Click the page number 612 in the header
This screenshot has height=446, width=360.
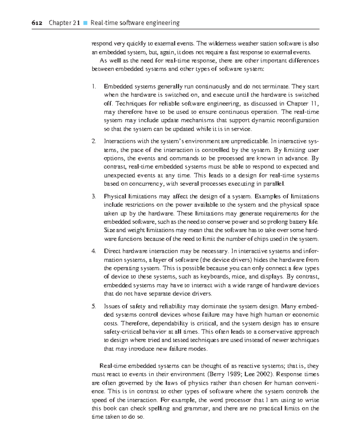[x=37, y=23]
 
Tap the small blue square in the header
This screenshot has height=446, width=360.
[x=85, y=23]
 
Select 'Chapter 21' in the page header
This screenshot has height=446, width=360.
[x=64, y=23]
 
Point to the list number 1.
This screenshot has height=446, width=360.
[x=94, y=86]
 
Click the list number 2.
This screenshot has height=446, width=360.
[x=94, y=141]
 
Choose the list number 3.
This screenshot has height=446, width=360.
[x=94, y=196]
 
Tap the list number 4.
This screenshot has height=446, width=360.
[x=94, y=251]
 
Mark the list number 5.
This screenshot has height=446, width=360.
[x=94, y=306]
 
